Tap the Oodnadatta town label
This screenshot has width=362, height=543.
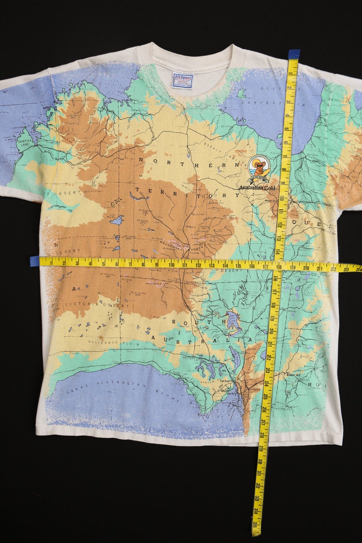(x=216, y=306)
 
